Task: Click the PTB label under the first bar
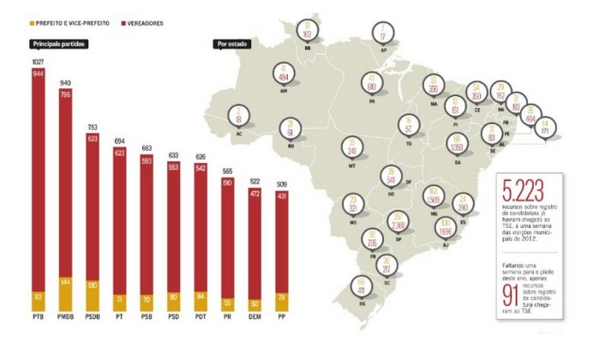(x=38, y=319)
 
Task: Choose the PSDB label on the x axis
(x=93, y=319)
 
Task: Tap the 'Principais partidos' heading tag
(x=56, y=44)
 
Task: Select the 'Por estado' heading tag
(x=233, y=44)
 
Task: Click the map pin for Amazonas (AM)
(x=284, y=75)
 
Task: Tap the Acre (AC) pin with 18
(x=237, y=116)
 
